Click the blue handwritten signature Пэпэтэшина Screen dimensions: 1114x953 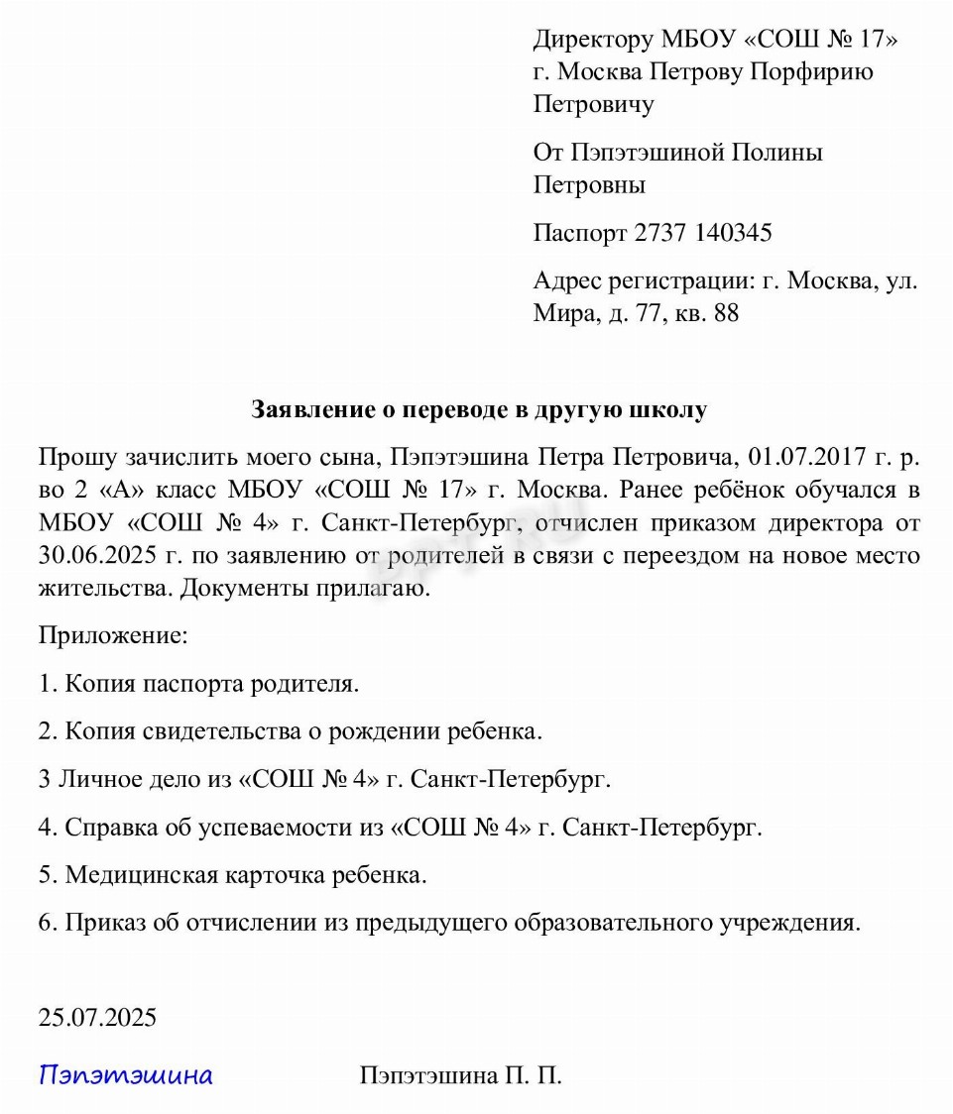(126, 1075)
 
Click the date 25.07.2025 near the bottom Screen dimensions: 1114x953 (97, 1018)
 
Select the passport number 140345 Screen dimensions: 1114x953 (734, 234)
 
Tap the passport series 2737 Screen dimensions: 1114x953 (660, 234)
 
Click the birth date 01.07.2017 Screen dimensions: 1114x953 (808, 458)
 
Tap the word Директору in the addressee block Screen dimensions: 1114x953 (594, 40)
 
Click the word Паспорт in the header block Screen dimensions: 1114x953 (580, 234)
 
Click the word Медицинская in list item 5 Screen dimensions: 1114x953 (138, 876)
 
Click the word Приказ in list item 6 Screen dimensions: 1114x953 (105, 924)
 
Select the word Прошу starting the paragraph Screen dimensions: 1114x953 (77, 458)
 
